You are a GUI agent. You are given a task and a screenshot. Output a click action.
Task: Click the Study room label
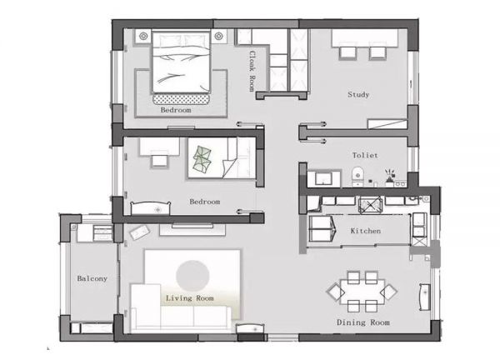[x=358, y=94]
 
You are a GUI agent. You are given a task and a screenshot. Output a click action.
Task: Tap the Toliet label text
[x=365, y=155]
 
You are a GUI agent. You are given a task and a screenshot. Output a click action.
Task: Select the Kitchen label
[x=366, y=231]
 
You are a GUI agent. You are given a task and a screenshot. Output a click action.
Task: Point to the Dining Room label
[x=363, y=322]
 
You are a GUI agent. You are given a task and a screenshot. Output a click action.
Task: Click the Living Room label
[x=189, y=298]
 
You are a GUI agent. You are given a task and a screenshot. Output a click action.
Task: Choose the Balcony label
[x=92, y=278]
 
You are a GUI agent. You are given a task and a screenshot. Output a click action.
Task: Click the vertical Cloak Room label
[x=252, y=71]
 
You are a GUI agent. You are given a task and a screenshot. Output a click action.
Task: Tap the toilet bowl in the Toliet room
[x=357, y=176]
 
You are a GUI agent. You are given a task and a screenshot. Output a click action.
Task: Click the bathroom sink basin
[x=323, y=178]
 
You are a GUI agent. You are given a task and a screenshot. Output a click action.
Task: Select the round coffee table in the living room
[x=192, y=276]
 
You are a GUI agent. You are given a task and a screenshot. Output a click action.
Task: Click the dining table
[x=362, y=292]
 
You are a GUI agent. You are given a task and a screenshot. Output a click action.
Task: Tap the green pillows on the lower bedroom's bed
[x=202, y=159]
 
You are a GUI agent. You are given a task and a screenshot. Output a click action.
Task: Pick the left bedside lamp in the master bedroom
[x=143, y=37]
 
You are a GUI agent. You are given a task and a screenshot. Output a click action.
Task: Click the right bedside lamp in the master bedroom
[x=218, y=36]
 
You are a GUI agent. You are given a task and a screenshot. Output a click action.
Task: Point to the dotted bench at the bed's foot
[x=182, y=99]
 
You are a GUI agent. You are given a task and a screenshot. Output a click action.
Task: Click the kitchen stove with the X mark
[x=370, y=205]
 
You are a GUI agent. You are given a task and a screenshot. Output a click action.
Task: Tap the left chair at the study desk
[x=347, y=53]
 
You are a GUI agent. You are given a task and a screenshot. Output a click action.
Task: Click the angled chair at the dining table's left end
[x=336, y=292]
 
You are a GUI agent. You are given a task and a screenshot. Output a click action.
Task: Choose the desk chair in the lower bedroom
[x=159, y=161]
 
